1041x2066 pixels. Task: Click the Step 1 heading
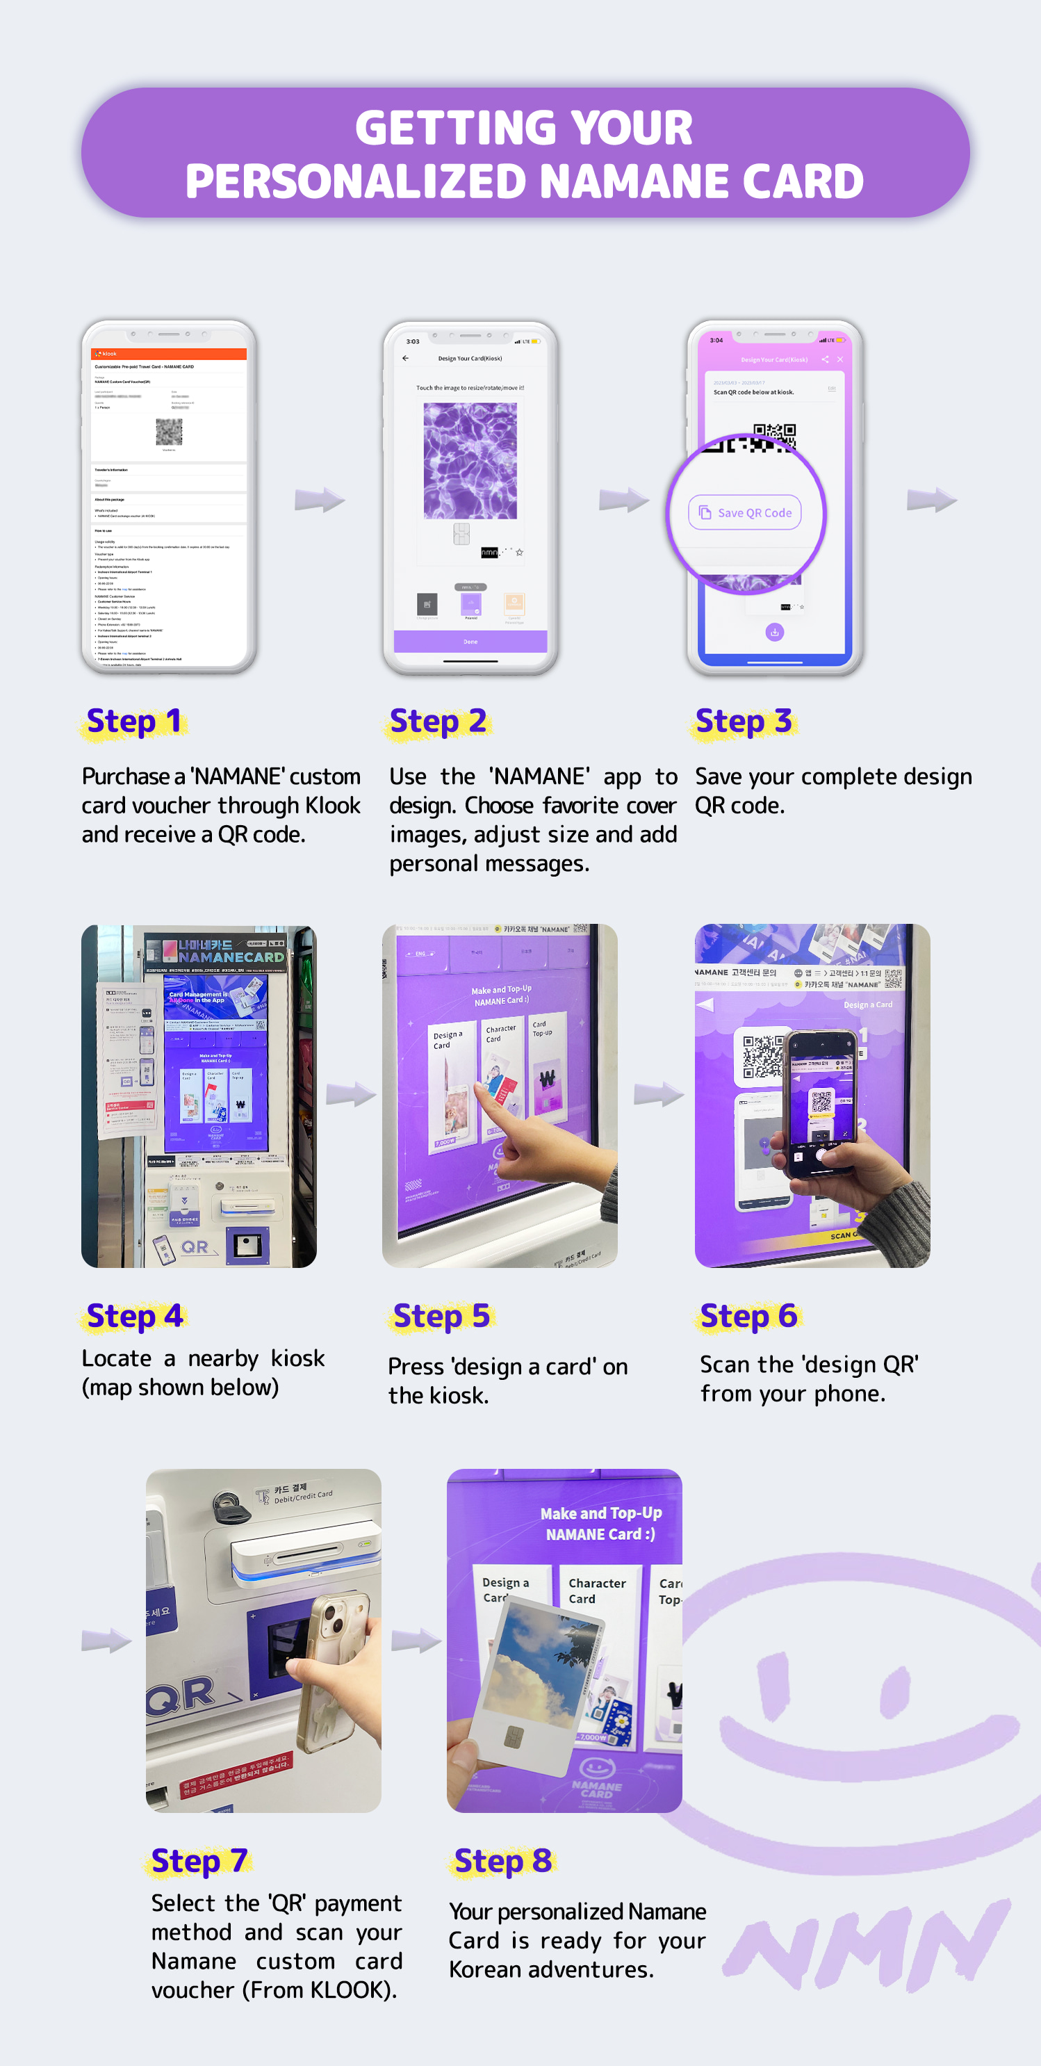coord(134,722)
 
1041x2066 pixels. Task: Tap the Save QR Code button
coord(745,512)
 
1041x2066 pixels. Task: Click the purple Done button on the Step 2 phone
coord(470,641)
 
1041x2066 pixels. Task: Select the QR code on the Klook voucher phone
coord(168,432)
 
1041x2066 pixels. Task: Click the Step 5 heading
coord(441,1317)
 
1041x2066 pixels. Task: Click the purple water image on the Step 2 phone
coord(470,460)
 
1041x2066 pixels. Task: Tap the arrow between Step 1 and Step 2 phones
coord(318,500)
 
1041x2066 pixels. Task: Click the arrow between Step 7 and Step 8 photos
coord(415,1641)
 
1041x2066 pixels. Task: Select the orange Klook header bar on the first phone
coord(168,354)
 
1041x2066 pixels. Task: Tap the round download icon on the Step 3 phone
coord(774,632)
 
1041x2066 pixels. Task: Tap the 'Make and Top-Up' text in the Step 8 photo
coord(600,1513)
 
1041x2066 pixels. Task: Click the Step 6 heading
coord(748,1317)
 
